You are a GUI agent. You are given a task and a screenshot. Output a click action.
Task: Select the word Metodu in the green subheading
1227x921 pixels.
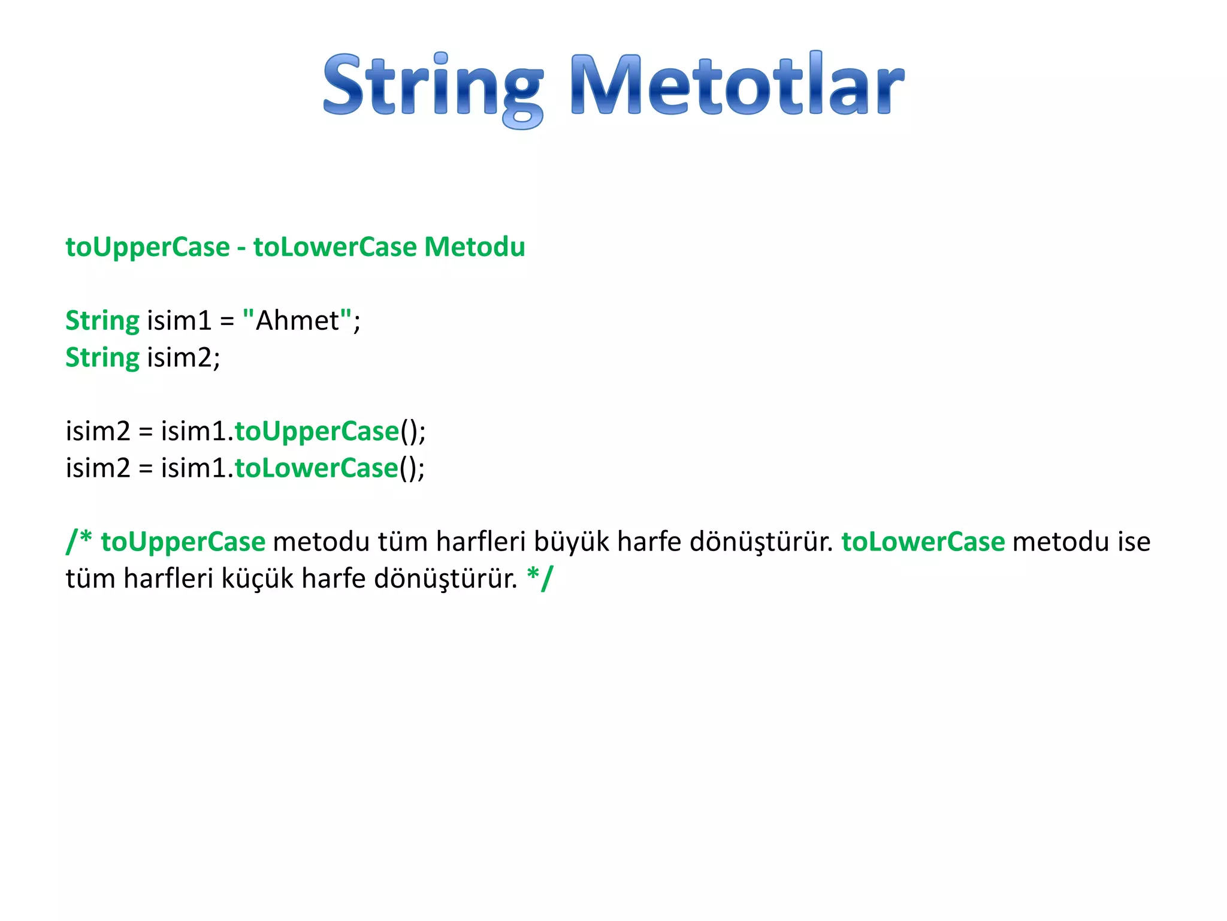475,247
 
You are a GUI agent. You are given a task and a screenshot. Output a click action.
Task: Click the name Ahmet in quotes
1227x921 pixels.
297,321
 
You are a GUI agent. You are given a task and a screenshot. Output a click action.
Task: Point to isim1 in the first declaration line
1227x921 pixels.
179,321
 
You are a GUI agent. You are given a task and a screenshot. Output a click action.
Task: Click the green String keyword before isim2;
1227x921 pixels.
102,358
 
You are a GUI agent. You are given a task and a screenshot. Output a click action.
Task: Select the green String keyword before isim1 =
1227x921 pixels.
102,321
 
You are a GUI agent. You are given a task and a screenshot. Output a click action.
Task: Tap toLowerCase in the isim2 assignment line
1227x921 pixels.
316,468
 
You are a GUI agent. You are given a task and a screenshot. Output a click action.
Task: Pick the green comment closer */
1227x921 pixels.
540,578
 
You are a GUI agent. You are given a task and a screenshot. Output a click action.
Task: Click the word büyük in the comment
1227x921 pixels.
572,542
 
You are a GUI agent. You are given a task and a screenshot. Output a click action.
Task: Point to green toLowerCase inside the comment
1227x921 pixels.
923,542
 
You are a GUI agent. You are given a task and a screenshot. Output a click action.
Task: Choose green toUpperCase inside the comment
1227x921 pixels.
183,542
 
